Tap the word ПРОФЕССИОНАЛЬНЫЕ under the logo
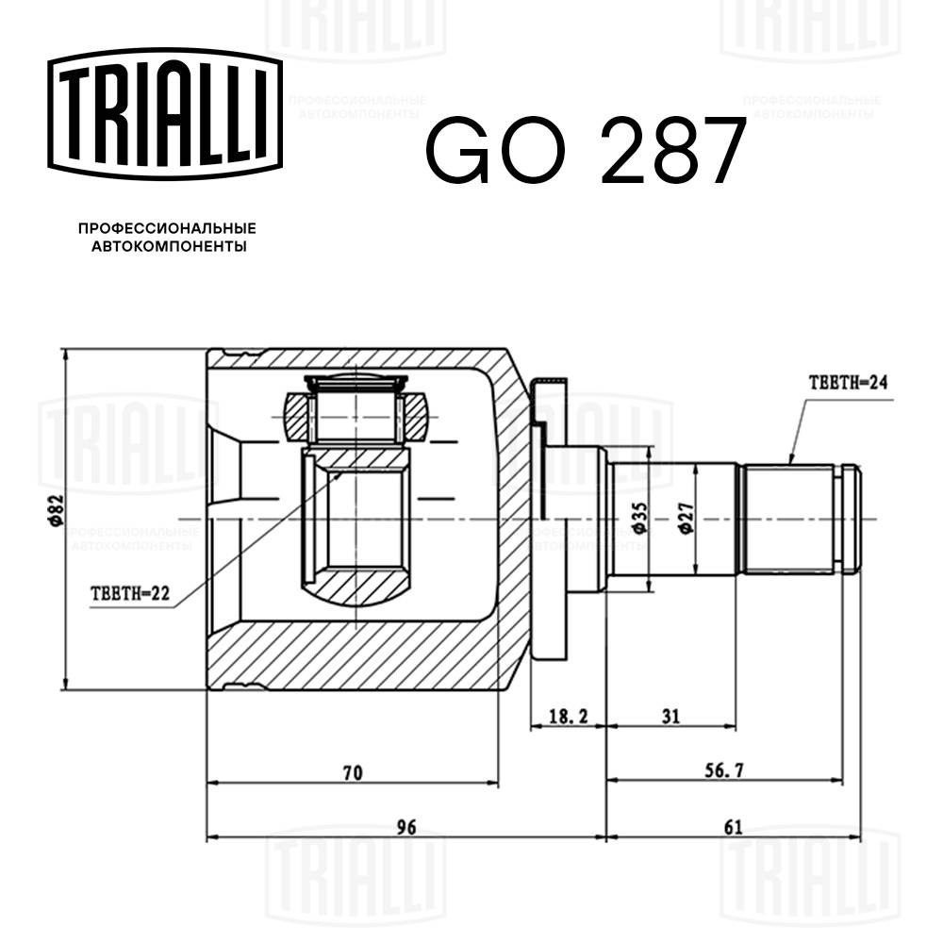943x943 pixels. point(167,229)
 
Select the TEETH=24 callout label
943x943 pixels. point(849,383)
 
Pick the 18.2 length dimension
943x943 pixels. point(568,717)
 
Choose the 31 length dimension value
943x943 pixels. point(670,717)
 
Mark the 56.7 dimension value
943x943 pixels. point(725,770)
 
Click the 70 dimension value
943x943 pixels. point(352,772)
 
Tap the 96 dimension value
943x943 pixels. point(405,827)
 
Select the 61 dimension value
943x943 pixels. point(734,827)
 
